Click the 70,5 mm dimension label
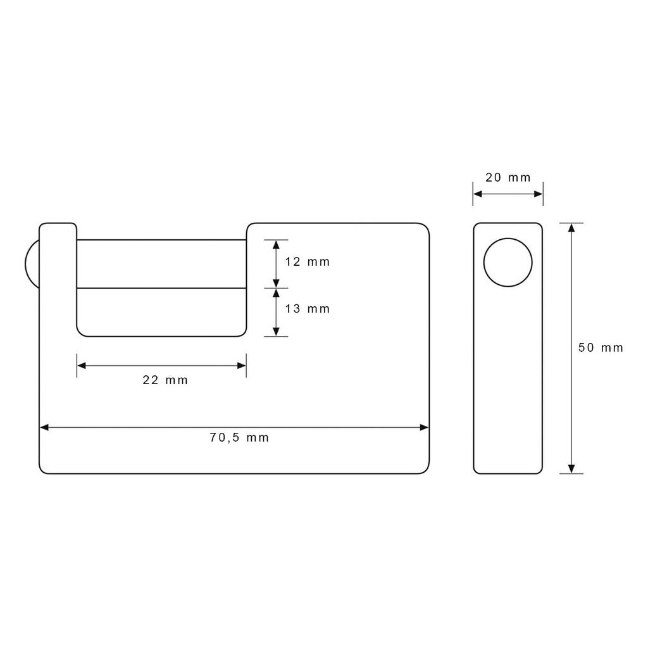(x=239, y=438)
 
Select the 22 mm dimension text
(x=165, y=380)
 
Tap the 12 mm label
(x=308, y=262)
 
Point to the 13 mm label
(x=308, y=309)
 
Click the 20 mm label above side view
(x=508, y=178)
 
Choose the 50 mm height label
(x=601, y=347)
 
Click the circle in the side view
(x=508, y=263)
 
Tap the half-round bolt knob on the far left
(x=31, y=264)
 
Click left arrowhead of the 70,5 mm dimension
(x=44, y=427)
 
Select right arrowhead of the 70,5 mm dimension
(x=425, y=427)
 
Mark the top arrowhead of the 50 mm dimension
(x=571, y=228)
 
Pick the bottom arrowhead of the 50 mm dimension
(x=571, y=468)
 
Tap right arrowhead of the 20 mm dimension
(x=539, y=194)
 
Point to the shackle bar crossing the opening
(x=161, y=264)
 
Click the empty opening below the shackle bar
(x=161, y=311)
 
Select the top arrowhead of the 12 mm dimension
(x=276, y=244)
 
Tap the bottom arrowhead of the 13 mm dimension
(x=276, y=332)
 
